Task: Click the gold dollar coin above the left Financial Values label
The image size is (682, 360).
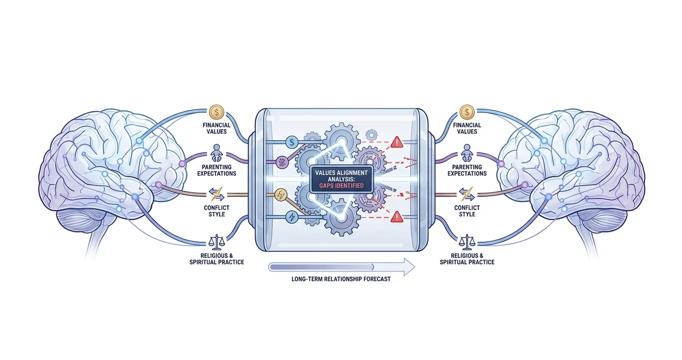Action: click(216, 112)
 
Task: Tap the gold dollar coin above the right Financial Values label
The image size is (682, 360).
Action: click(467, 112)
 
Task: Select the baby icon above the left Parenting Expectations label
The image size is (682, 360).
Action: click(216, 153)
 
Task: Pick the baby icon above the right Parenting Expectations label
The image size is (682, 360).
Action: click(467, 153)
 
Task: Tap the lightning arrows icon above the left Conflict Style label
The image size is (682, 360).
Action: click(216, 194)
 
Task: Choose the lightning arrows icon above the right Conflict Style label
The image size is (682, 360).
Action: click(467, 194)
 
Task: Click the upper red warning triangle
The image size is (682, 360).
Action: click(397, 142)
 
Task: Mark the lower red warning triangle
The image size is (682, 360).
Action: click(397, 217)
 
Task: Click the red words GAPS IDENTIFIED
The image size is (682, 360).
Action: click(341, 186)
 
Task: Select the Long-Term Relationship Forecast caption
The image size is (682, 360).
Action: click(341, 279)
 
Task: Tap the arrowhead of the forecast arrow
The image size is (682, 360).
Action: click(409, 267)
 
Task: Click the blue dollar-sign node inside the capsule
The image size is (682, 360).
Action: click(292, 142)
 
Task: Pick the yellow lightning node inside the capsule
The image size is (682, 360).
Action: click(281, 195)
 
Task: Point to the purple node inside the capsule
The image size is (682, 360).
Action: click(282, 162)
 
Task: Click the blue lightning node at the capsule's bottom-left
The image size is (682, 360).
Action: click(292, 217)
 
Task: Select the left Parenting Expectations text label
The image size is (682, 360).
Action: click(216, 170)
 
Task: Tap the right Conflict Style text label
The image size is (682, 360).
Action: click(467, 211)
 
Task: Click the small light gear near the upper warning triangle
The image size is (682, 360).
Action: click(372, 135)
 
